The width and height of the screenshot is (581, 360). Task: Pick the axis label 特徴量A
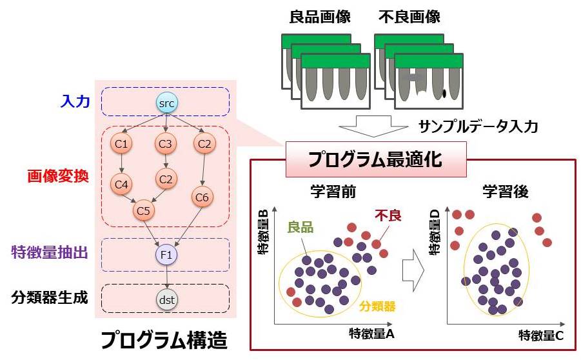pos(372,333)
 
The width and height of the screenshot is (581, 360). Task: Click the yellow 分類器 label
pos(377,307)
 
